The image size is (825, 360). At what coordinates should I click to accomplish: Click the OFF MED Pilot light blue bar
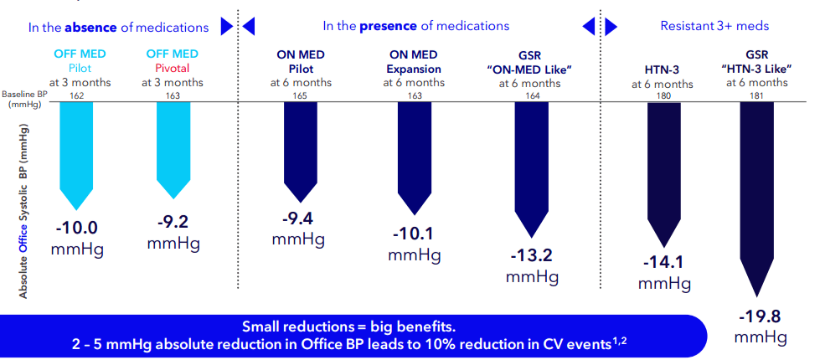[x=78, y=151]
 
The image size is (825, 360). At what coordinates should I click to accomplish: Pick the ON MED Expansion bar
[x=415, y=155]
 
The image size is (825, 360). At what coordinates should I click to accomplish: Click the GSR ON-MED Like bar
[x=529, y=167]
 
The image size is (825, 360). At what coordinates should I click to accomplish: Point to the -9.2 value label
[x=173, y=224]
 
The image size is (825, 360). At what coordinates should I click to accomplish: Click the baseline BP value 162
[x=78, y=95]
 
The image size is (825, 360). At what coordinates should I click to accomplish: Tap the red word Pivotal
[x=173, y=68]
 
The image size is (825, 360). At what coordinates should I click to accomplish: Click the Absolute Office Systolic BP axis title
[x=24, y=210]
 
